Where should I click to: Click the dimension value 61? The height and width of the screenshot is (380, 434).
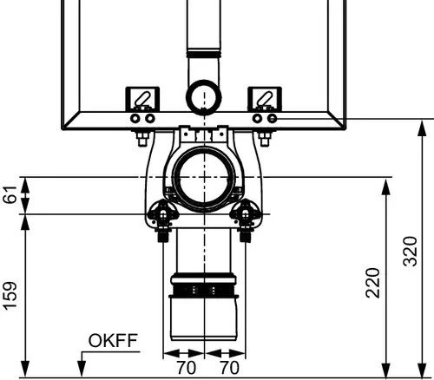pyautogui.click(x=10, y=195)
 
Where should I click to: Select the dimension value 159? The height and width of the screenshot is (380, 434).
pyautogui.click(x=10, y=296)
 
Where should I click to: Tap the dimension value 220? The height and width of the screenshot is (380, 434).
pyautogui.click(x=372, y=283)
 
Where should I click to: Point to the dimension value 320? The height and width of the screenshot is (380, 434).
pyautogui.click(x=411, y=251)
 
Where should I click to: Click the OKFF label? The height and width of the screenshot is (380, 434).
pyautogui.click(x=113, y=340)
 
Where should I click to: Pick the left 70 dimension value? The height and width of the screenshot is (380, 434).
pyautogui.click(x=186, y=368)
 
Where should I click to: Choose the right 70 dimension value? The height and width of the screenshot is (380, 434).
pyautogui.click(x=229, y=368)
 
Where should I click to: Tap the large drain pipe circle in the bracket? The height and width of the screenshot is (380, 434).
pyautogui.click(x=204, y=177)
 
